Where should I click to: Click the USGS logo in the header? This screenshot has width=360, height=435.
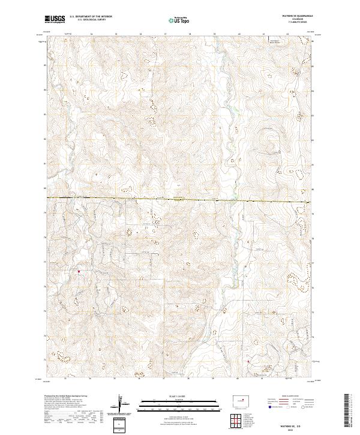(55, 19)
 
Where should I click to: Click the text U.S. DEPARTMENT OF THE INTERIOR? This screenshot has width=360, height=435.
(91, 16)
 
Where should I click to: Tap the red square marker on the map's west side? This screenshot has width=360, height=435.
(79, 271)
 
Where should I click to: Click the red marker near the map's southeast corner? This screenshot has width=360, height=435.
(248, 361)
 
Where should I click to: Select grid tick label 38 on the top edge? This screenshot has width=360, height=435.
(190, 34)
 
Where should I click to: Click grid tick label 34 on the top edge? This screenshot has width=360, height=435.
(91, 34)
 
